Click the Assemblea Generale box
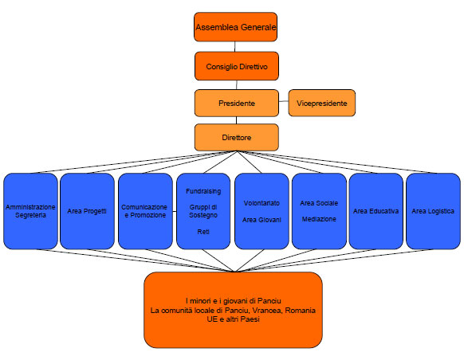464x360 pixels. (235, 27)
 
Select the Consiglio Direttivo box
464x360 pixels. (237, 66)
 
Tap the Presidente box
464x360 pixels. (237, 104)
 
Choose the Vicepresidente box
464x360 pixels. (321, 104)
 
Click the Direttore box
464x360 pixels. (237, 138)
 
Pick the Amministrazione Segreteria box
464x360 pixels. (30, 211)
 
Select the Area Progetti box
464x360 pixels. (87, 211)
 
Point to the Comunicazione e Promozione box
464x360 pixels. (145, 211)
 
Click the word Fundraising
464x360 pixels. (203, 191)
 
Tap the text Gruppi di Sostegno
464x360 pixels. (203, 211)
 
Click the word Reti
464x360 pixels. (203, 232)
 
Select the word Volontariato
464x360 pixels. (261, 203)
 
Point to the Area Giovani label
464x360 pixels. (261, 220)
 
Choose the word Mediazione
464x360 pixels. (319, 219)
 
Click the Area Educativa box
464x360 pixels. (376, 211)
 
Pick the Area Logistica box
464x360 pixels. (433, 211)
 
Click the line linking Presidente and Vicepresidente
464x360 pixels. (284, 101)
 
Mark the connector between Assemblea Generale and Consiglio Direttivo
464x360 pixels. (235, 47)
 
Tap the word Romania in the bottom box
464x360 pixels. (300, 311)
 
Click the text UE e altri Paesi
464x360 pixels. (233, 319)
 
